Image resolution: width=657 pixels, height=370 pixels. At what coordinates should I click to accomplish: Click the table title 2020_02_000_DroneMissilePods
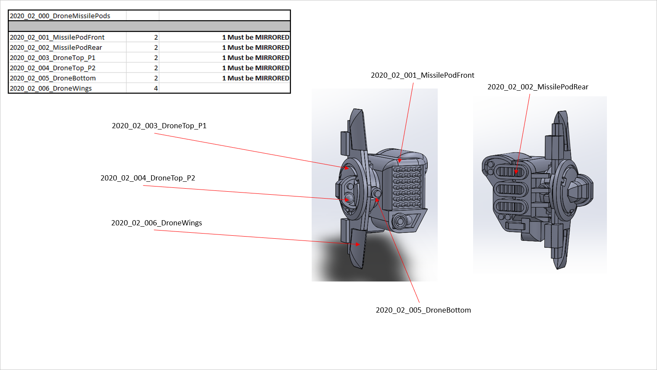(60, 16)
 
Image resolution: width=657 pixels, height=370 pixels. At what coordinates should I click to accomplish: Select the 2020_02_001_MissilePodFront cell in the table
(57, 37)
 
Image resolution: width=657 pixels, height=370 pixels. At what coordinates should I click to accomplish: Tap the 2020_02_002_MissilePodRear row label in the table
(56, 47)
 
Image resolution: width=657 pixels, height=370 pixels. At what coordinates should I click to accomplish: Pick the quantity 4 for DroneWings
(156, 89)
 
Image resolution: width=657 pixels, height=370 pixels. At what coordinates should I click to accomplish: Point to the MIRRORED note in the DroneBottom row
(256, 78)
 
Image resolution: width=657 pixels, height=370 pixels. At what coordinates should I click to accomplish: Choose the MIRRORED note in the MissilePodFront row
(256, 37)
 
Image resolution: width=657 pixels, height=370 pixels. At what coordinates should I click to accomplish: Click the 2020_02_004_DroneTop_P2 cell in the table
(53, 68)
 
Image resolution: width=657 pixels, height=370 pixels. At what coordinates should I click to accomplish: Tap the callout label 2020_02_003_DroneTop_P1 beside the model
(159, 126)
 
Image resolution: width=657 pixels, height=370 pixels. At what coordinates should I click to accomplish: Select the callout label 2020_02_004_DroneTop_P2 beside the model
(148, 178)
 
